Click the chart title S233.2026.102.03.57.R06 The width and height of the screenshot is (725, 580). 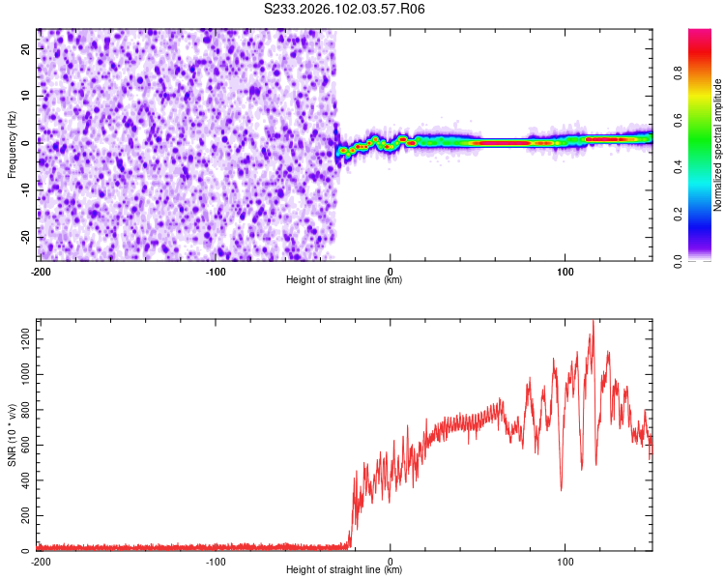point(345,9)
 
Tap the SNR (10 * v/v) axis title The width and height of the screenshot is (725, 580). point(12,436)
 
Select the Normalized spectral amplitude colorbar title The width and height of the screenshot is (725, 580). point(718,145)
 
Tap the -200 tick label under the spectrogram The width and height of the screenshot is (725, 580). point(41,271)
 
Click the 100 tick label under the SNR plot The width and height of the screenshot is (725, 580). point(565,562)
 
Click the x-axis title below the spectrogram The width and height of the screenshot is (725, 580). point(344,280)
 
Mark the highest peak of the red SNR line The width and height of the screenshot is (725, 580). point(593,322)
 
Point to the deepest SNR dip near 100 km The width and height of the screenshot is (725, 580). point(562,489)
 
